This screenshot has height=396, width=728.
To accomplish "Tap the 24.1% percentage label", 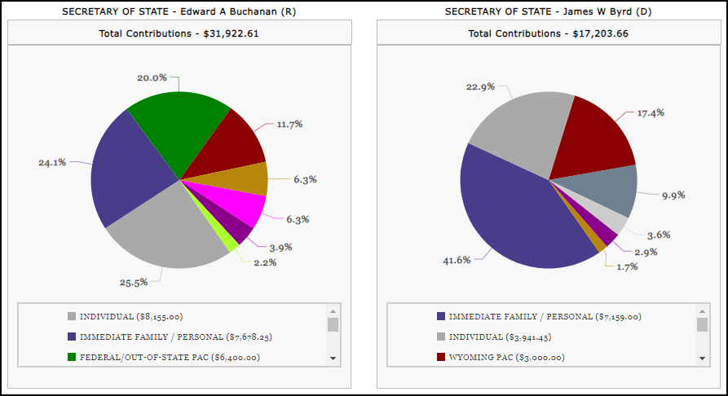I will pyautogui.click(x=52, y=162).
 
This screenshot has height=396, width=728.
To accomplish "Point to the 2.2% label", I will pyautogui.click(x=265, y=262).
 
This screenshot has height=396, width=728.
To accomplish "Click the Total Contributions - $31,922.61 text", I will pyautogui.click(x=179, y=33).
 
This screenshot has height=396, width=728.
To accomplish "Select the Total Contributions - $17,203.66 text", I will pyautogui.click(x=548, y=33).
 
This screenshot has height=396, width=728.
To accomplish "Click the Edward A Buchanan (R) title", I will pyautogui.click(x=179, y=11).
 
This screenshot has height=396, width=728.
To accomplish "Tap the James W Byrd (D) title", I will pyautogui.click(x=548, y=11).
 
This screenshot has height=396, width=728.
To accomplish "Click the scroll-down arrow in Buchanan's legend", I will pyautogui.click(x=333, y=358).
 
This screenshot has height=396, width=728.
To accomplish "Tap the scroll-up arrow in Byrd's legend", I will pyautogui.click(x=702, y=310).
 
